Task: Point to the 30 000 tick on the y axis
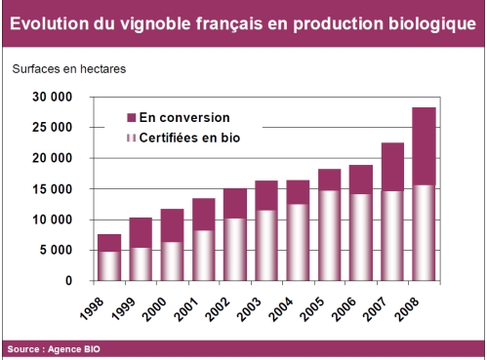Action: [x=53, y=98]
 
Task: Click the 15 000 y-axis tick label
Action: [x=53, y=189]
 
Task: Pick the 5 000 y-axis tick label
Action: [x=56, y=251]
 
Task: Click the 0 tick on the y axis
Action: [x=68, y=281]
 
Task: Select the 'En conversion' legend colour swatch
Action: [x=131, y=117]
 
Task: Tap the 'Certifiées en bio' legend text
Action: [x=189, y=139]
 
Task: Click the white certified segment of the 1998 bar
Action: [x=109, y=265]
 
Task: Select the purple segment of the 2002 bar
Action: [x=235, y=203]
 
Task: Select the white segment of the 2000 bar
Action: [x=172, y=260]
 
